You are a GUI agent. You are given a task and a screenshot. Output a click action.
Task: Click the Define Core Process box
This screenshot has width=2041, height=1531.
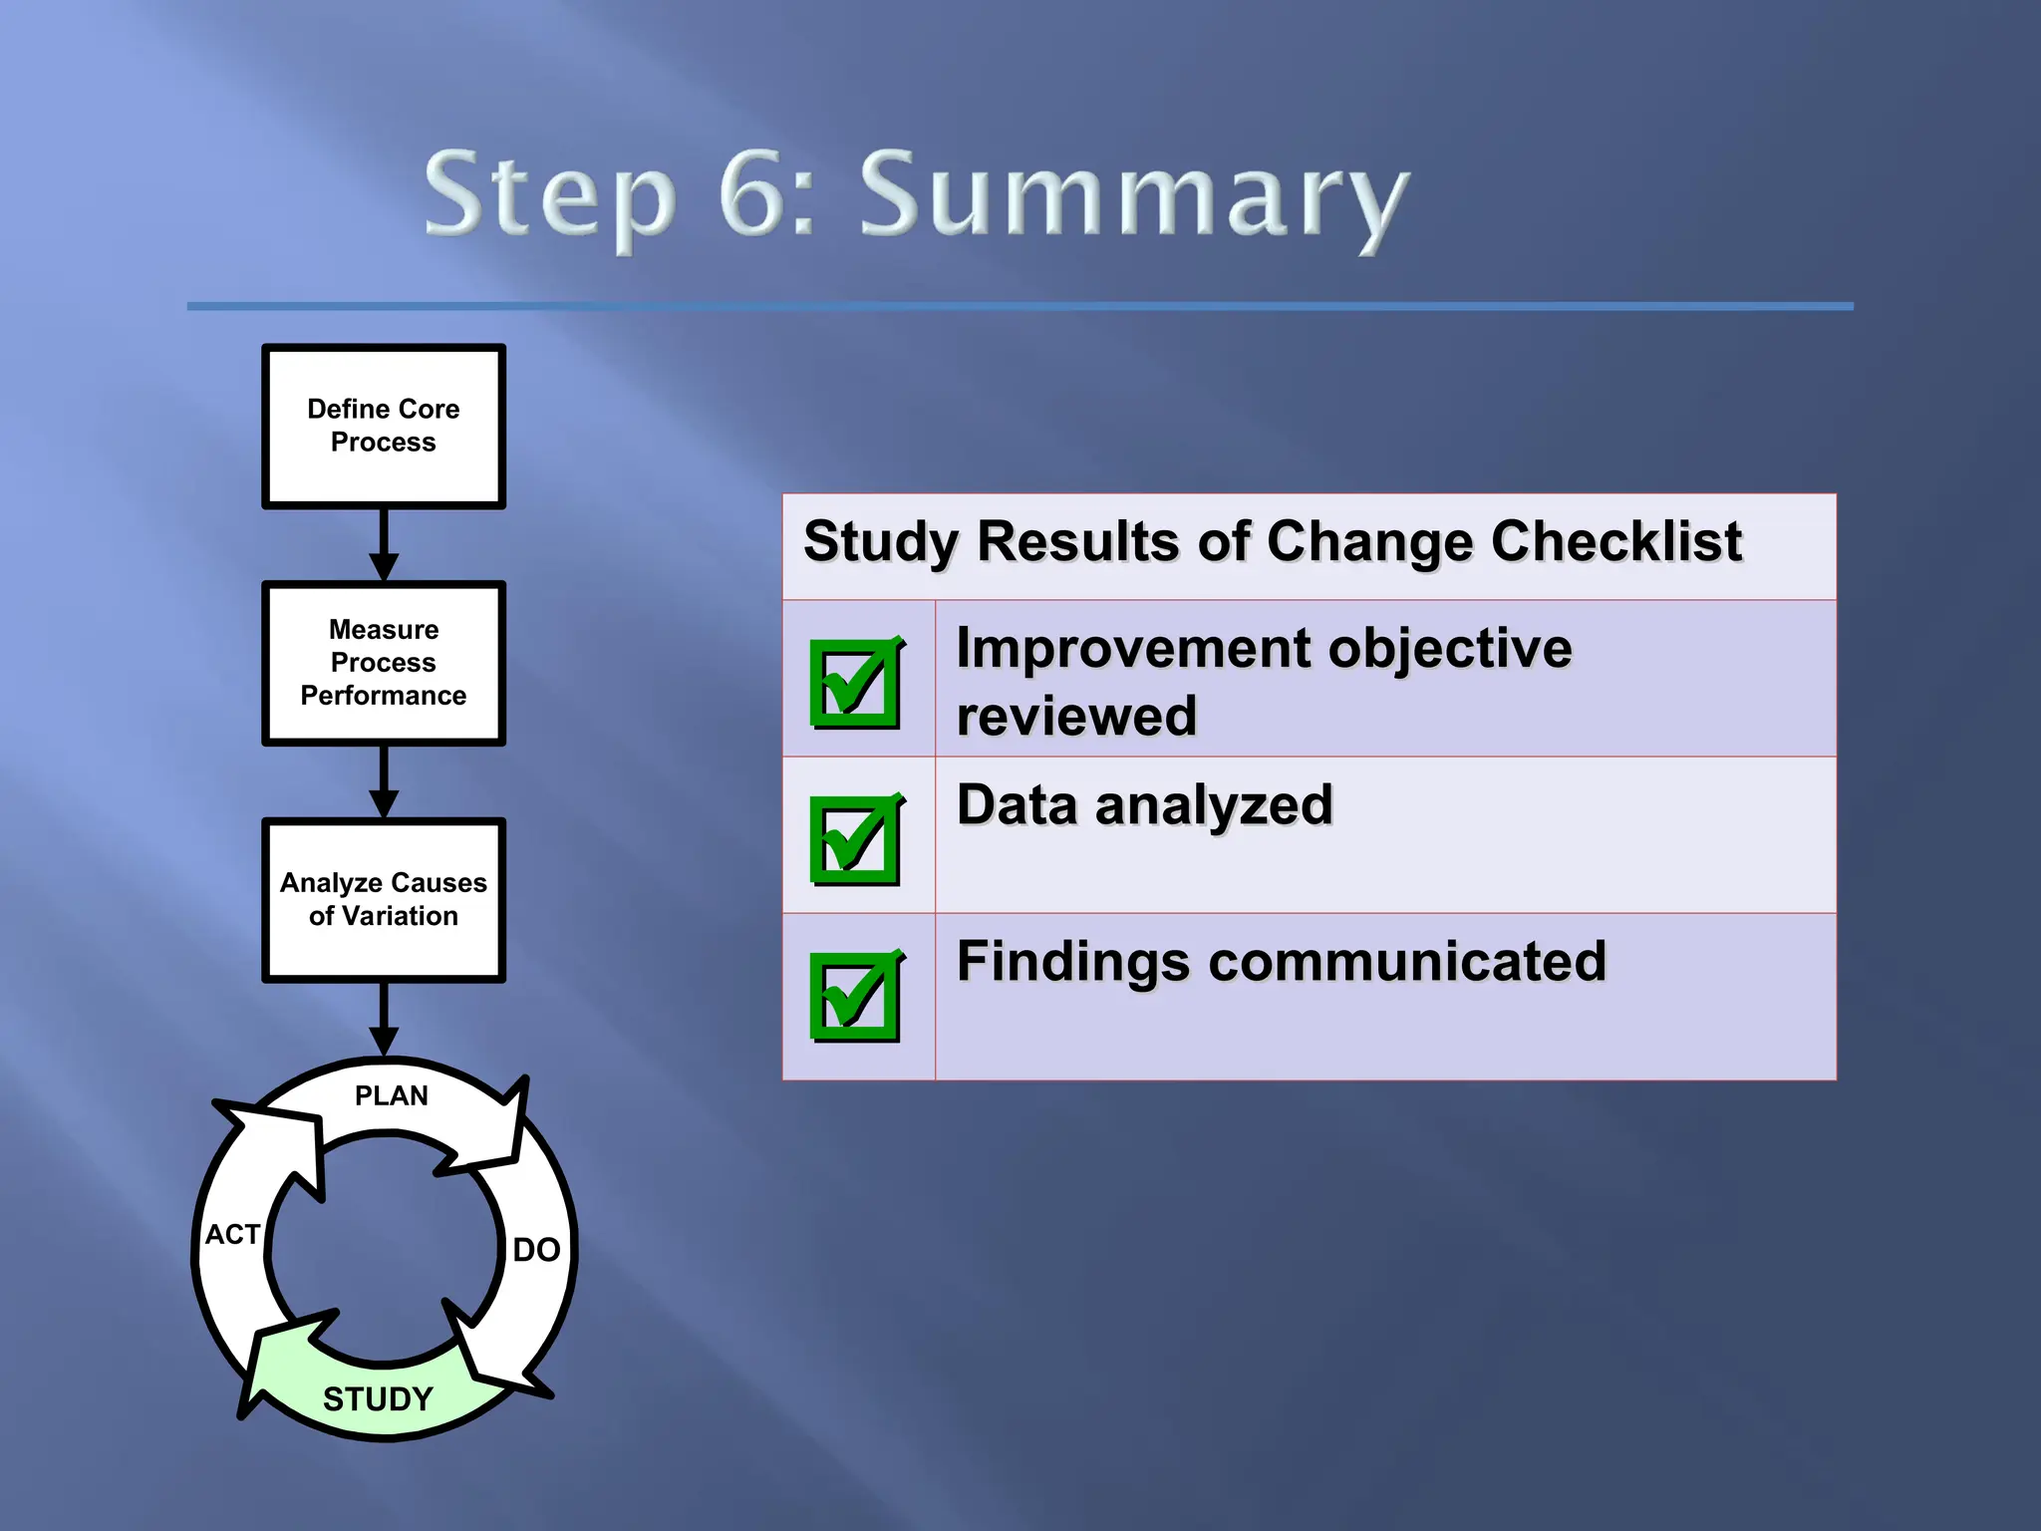click(x=384, y=427)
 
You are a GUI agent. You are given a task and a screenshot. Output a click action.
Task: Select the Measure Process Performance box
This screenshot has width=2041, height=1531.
click(x=384, y=663)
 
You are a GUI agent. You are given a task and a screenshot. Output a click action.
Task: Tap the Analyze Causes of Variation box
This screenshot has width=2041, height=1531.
click(x=384, y=899)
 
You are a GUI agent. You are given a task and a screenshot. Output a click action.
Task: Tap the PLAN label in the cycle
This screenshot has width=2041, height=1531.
click(x=392, y=1096)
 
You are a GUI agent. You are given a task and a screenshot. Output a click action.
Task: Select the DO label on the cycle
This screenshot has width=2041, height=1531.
click(x=536, y=1250)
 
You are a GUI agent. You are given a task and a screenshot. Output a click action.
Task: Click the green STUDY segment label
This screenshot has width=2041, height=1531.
click(x=379, y=1399)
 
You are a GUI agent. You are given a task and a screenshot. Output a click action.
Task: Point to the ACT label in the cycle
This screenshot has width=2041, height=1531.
click(x=232, y=1235)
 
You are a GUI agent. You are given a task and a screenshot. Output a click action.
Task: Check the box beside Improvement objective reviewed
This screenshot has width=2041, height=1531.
click(x=856, y=683)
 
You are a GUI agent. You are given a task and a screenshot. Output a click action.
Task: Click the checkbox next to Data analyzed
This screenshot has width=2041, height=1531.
click(x=856, y=839)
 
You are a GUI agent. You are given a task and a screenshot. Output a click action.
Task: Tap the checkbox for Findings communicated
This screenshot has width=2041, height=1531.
click(x=856, y=996)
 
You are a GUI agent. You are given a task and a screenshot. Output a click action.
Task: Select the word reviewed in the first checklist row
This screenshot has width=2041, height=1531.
click(x=1076, y=717)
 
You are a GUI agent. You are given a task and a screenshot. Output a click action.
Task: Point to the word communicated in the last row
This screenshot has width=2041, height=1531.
click(x=1407, y=962)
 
